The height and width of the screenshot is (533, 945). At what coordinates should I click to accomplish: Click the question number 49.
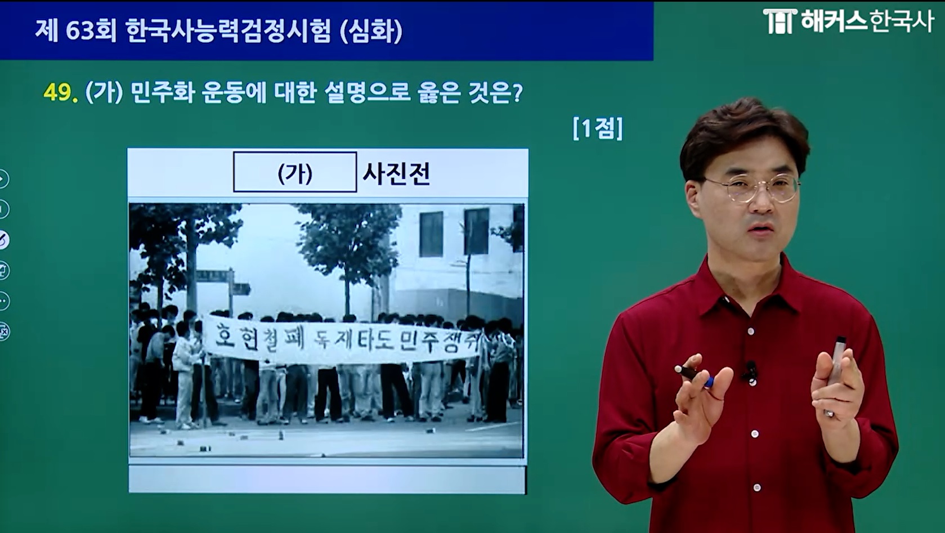point(60,92)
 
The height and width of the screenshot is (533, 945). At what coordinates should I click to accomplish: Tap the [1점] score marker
point(597,129)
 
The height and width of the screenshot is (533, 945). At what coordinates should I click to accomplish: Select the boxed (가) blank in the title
point(295,172)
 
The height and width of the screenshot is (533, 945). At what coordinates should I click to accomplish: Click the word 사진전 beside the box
point(396,173)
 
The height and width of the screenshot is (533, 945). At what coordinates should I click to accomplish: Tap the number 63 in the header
point(79,31)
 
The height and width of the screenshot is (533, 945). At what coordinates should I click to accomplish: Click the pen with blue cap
point(695,375)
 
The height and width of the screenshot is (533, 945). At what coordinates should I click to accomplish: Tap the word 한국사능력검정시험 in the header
point(229,31)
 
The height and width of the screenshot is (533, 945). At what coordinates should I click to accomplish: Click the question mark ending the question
point(517,92)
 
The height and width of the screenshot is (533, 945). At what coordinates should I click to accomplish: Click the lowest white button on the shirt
point(757,488)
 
